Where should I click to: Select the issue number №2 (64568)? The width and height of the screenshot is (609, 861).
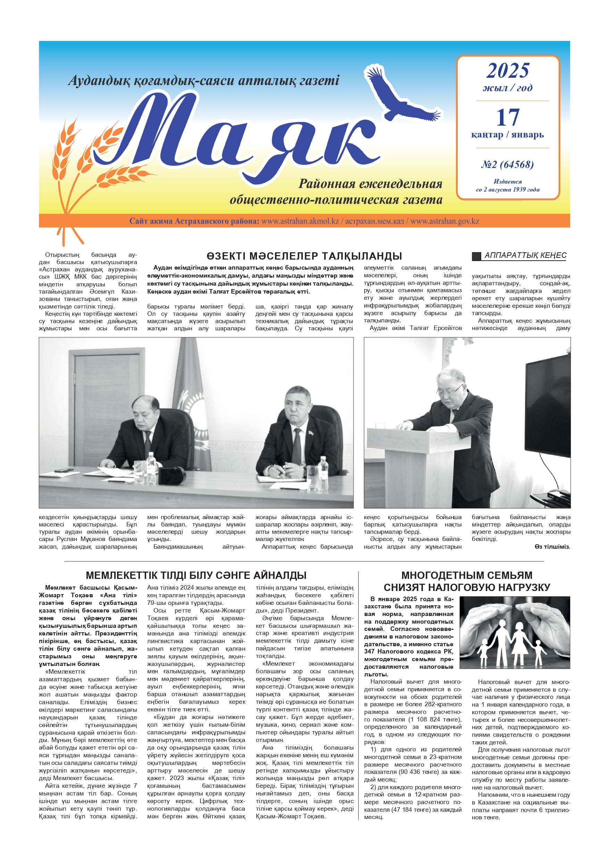coord(507,164)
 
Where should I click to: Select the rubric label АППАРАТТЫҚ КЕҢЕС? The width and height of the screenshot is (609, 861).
coord(525,255)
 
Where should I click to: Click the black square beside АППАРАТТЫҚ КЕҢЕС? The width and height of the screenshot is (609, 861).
coord(476,256)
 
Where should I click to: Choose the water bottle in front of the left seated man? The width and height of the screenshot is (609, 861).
coord(151,467)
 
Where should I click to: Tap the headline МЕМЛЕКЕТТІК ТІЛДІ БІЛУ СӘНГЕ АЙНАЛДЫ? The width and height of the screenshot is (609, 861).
coord(196,575)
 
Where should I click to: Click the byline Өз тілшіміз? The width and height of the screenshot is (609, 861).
coord(552,546)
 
